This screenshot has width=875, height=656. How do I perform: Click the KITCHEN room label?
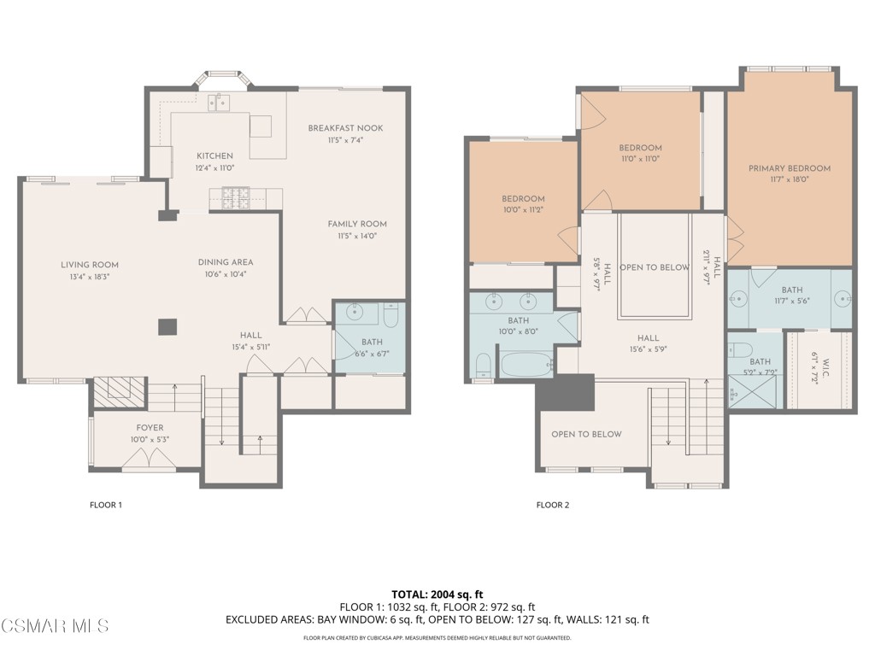(214, 155)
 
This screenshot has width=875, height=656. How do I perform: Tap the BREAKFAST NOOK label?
(345, 128)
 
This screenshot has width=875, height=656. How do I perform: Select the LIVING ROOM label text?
(90, 265)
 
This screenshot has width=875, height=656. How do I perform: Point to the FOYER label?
(150, 428)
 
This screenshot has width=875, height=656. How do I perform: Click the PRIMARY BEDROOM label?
(789, 168)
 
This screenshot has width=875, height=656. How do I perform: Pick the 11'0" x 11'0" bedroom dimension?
(640, 159)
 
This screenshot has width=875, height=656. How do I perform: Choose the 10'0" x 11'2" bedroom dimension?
(523, 210)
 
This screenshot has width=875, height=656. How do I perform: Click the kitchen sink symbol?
(218, 103)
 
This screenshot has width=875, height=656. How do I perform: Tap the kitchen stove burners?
(233, 198)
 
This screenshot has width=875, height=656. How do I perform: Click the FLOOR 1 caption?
(106, 505)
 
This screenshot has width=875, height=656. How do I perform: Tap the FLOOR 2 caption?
(552, 505)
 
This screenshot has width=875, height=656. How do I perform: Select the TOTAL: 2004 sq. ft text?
(437, 594)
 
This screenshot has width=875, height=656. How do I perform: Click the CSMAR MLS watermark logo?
(55, 626)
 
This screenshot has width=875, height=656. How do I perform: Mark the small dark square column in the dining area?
(167, 326)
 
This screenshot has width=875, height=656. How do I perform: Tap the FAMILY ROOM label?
(357, 224)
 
